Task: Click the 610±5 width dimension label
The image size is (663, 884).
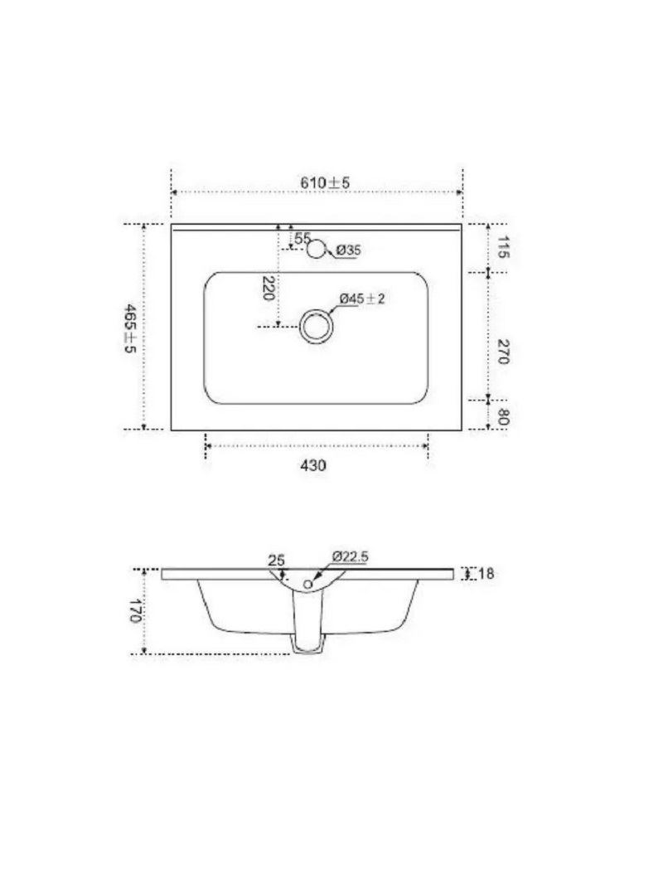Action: coord(325,182)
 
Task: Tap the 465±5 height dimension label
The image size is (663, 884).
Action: coord(130,328)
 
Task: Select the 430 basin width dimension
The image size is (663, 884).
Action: coord(313,465)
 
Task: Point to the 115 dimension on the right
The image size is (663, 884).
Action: coord(503,247)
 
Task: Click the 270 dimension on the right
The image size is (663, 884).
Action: coord(503,352)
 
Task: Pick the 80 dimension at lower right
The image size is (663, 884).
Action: coord(503,417)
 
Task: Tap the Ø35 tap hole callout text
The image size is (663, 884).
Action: coord(349,250)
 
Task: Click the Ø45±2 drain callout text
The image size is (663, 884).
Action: coord(362,299)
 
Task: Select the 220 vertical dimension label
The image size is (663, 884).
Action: coord(269,288)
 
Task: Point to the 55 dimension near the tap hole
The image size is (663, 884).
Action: coord(302,238)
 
